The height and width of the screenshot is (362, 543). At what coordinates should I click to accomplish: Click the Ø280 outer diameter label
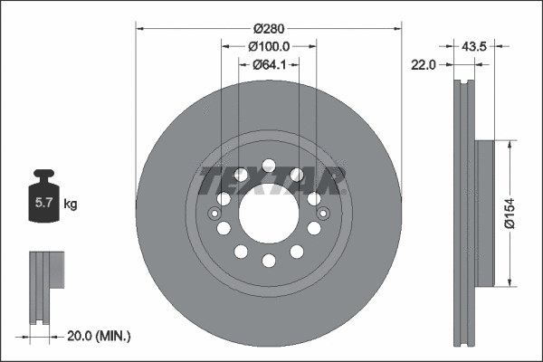pos(269,28)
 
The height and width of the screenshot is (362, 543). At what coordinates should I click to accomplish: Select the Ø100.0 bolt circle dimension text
pos(268,46)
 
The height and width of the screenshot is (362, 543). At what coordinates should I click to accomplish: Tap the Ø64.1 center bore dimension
pos(269,64)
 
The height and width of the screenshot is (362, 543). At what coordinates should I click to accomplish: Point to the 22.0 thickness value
pos(424,64)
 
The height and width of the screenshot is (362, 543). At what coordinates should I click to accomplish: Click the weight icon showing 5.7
pos(43,200)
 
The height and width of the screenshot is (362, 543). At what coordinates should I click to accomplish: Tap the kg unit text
pos(71,205)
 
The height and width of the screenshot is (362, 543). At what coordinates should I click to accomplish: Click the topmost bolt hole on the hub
pos(269,165)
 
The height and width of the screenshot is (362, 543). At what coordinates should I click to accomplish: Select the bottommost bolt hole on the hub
pos(269,262)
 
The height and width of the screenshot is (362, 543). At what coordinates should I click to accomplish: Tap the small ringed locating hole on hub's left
pos(214,214)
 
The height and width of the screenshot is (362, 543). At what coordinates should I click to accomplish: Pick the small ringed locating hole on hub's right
pos(324,214)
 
